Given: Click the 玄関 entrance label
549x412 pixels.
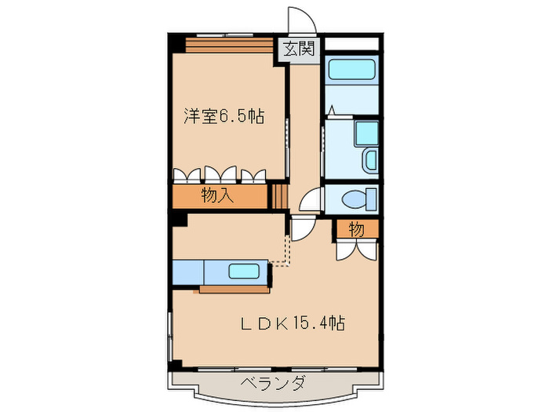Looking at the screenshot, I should [x=298, y=49].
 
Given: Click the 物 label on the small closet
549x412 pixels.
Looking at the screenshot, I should [x=356, y=229].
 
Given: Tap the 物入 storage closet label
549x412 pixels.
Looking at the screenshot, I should [x=217, y=196].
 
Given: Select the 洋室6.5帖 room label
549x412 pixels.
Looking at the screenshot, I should [x=223, y=118].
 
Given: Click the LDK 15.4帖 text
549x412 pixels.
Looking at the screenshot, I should [x=293, y=323].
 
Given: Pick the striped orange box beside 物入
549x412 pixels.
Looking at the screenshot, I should [x=280, y=196].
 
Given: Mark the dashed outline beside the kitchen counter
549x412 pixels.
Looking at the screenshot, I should [x=281, y=253].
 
